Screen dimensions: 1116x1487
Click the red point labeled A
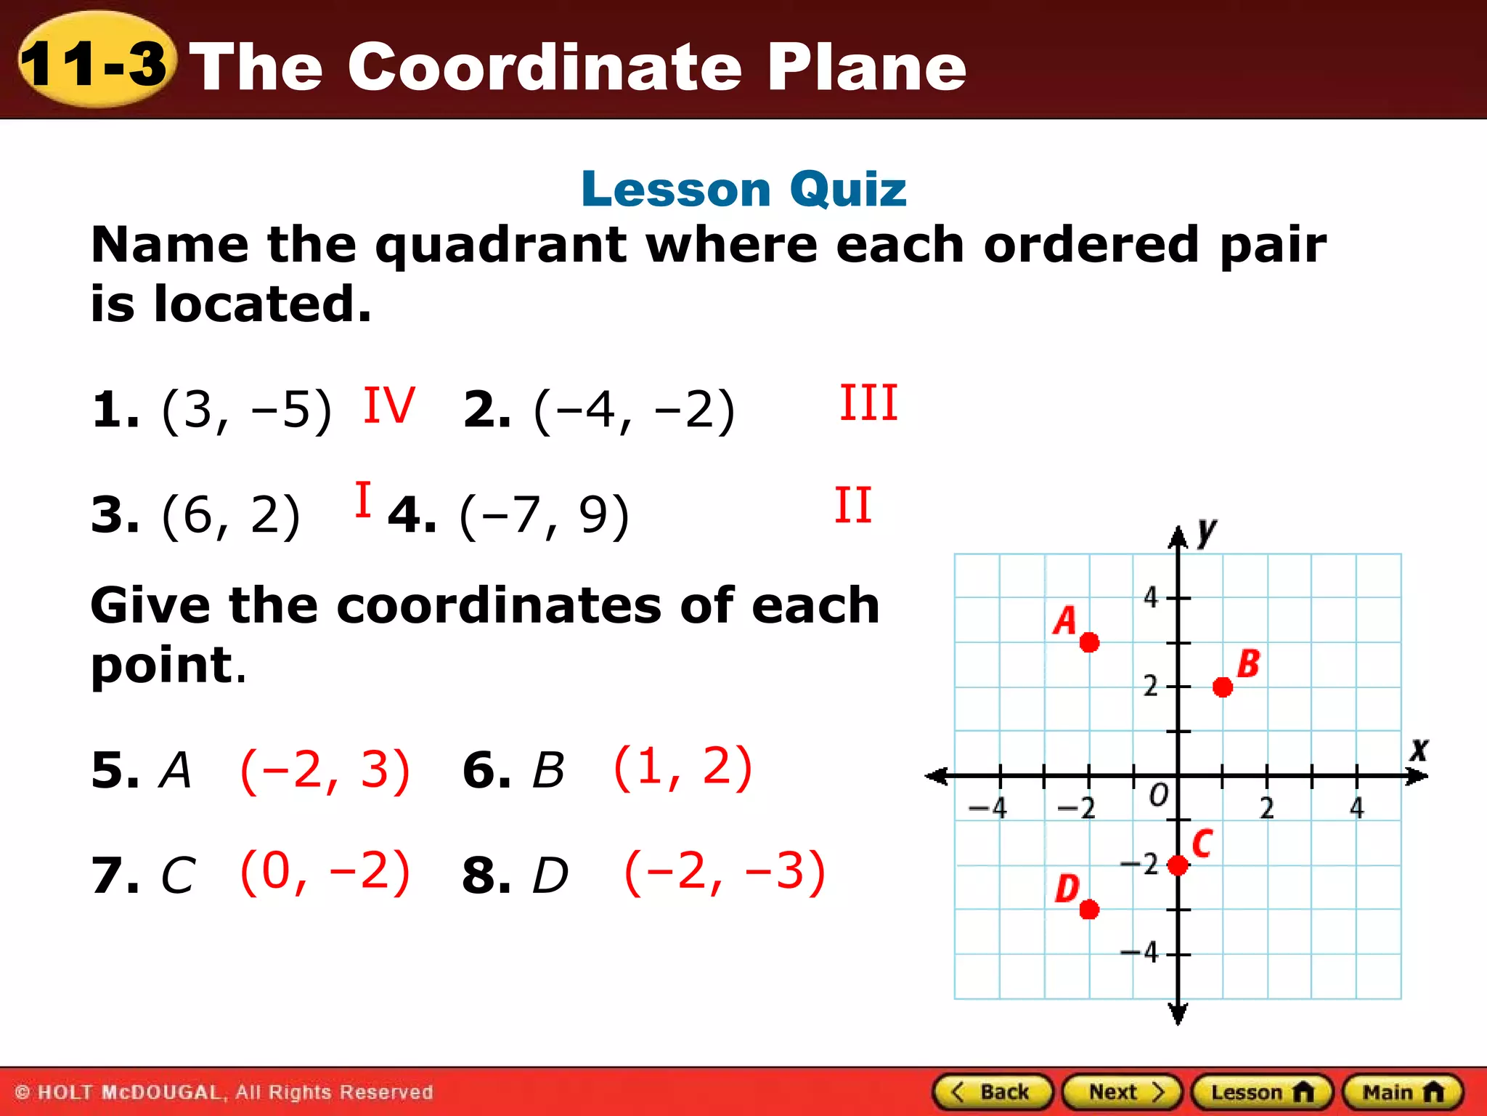coord(1089,642)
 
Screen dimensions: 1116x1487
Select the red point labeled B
coord(1223,687)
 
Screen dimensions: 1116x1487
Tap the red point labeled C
coord(1178,865)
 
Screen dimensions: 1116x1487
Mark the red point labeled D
coord(1089,910)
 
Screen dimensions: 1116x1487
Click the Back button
coord(992,1092)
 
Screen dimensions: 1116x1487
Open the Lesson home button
coord(1262,1092)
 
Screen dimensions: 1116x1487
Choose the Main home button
coord(1403,1092)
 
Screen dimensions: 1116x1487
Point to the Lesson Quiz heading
coord(743,189)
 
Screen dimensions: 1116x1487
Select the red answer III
coord(868,403)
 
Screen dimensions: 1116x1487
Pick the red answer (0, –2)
coord(325,871)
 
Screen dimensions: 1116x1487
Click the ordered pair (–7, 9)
coord(545,516)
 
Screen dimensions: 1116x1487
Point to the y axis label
coord(1206,532)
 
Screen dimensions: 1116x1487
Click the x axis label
coord(1419,749)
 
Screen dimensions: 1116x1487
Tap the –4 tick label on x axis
coord(989,808)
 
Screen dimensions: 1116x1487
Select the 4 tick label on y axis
coord(1151,597)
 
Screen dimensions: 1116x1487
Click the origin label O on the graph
coord(1159,795)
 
